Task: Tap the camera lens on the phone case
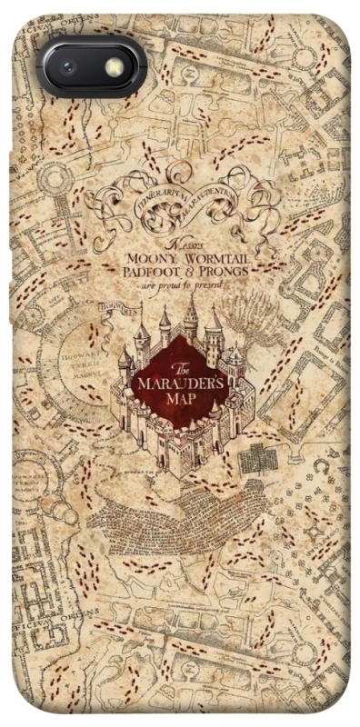(67, 66)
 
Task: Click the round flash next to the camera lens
(114, 66)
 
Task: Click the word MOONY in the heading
(152, 259)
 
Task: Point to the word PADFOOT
(155, 272)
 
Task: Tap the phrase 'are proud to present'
(181, 284)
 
